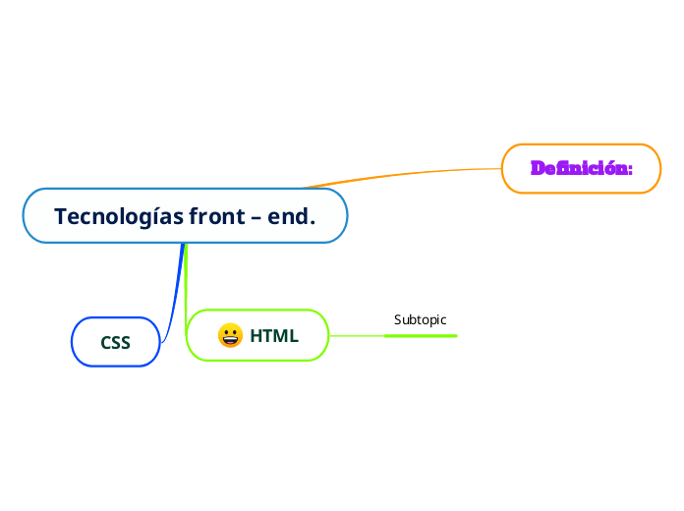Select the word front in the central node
tap(212, 216)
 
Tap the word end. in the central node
tap(292, 216)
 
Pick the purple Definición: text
tap(581, 169)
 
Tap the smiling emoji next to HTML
tap(230, 336)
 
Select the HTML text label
tap(274, 336)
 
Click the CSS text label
tap(116, 342)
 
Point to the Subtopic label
tap(420, 319)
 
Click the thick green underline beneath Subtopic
tap(421, 335)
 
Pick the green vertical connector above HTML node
tap(186, 285)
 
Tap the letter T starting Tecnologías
tap(60, 216)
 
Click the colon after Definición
tap(629, 169)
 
